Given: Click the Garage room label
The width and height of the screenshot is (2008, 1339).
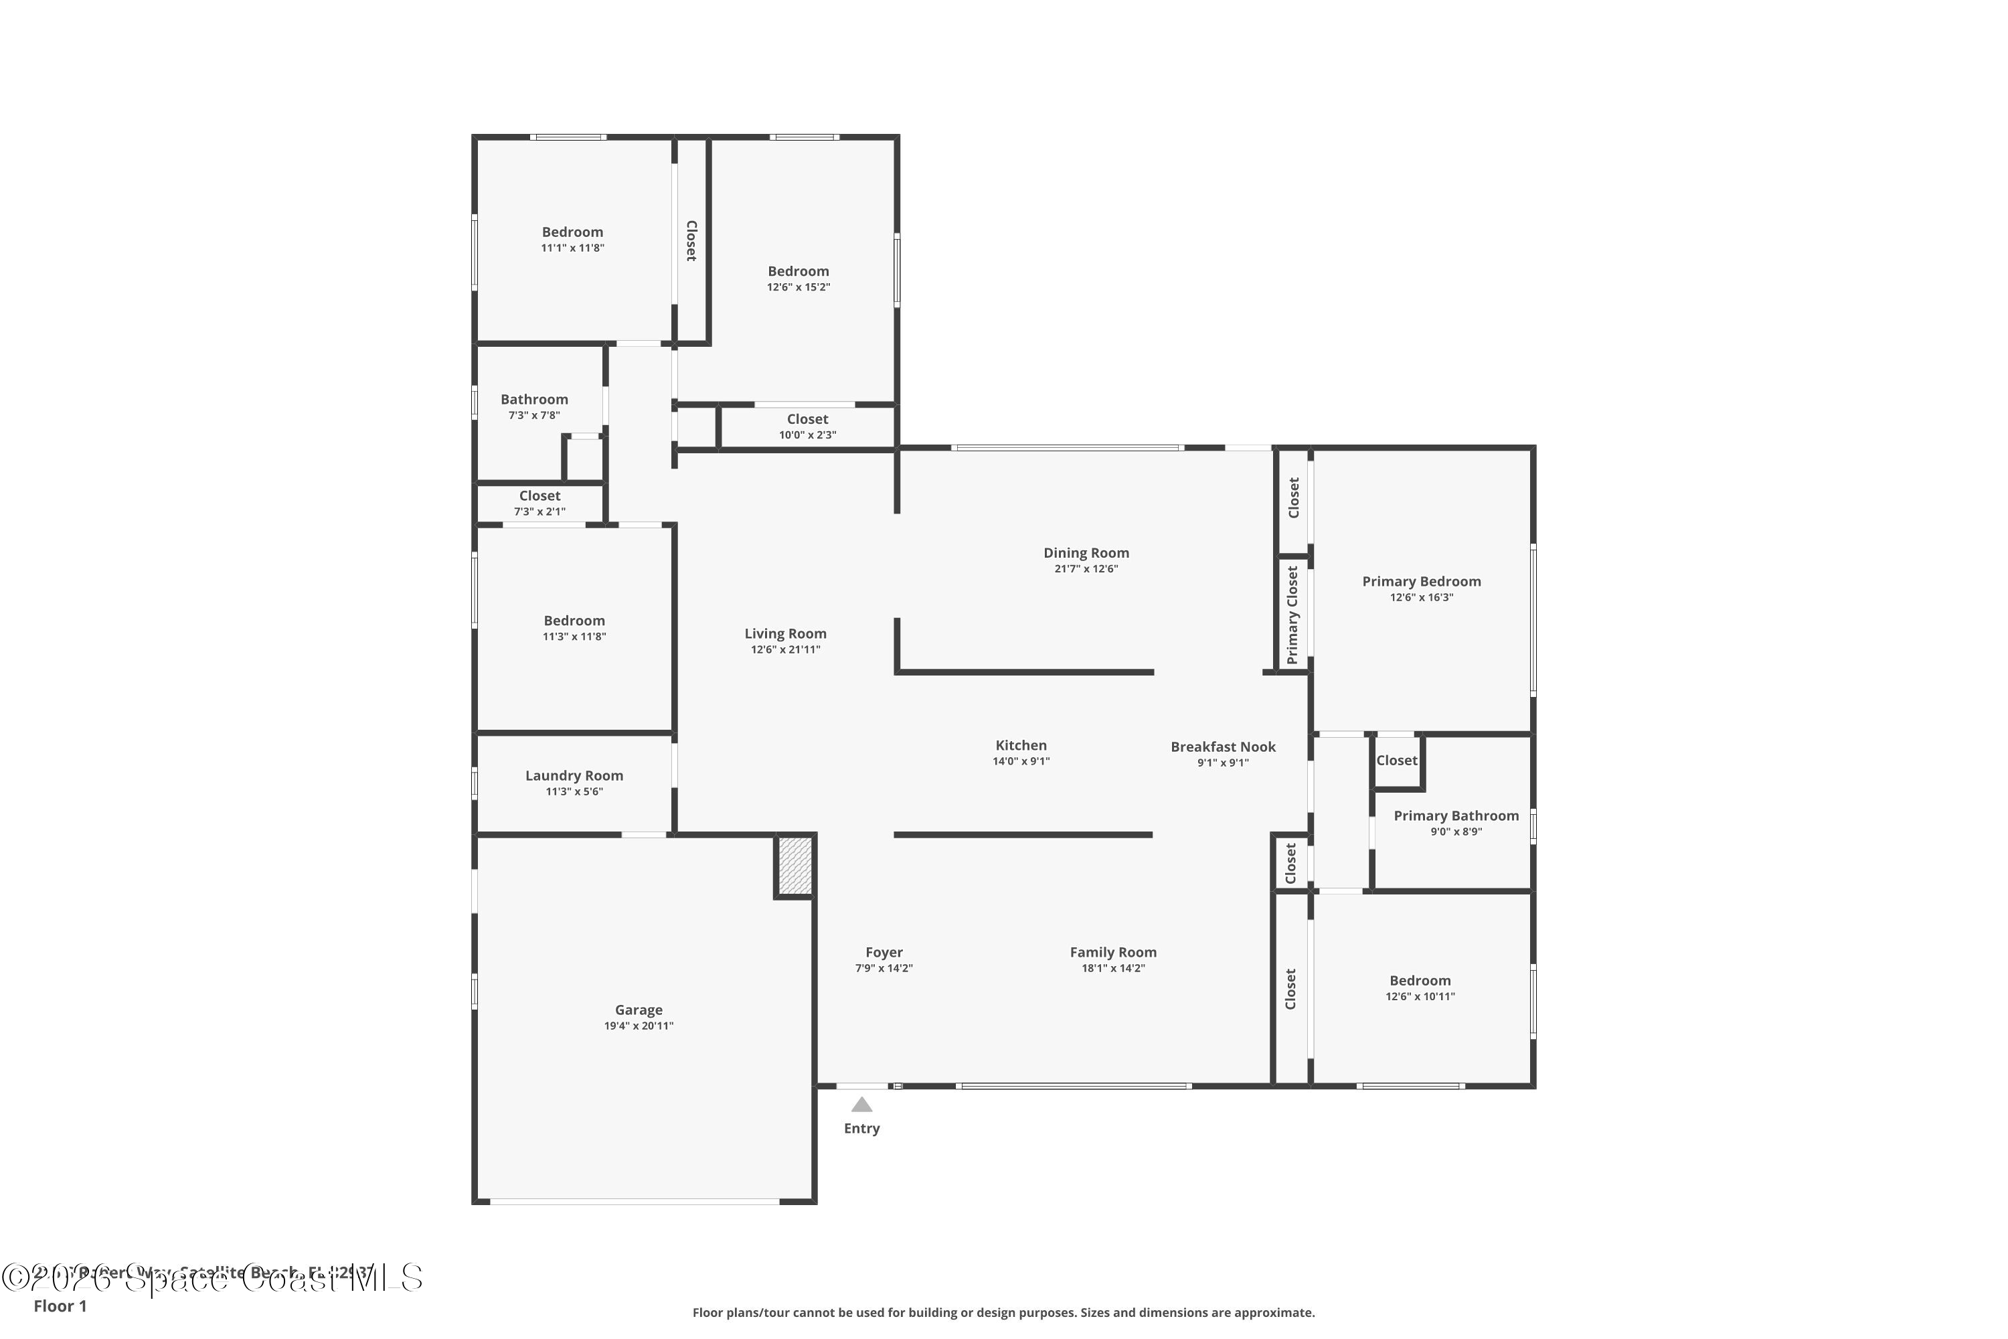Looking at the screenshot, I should click(x=639, y=1010).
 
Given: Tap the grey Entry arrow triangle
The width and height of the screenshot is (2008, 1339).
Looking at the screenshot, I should click(x=861, y=1105).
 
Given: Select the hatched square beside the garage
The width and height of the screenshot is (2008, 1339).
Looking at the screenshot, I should click(x=795, y=866).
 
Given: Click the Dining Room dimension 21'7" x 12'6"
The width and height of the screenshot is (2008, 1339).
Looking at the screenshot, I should click(x=1086, y=568).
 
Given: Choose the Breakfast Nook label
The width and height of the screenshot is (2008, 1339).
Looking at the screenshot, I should click(x=1223, y=747).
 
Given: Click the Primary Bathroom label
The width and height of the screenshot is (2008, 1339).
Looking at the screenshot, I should click(x=1456, y=815).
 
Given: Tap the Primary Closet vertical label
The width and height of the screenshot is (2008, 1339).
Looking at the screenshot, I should click(x=1292, y=615).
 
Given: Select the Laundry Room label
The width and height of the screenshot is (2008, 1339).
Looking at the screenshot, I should click(x=574, y=775).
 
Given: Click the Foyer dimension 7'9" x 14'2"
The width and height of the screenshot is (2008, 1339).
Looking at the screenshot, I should click(x=884, y=968).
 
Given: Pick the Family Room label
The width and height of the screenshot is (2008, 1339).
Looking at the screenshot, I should click(x=1112, y=952).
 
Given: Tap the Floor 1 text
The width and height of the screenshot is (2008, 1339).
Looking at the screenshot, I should click(x=60, y=1306).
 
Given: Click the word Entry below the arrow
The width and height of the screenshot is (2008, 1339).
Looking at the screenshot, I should click(x=861, y=1128).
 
